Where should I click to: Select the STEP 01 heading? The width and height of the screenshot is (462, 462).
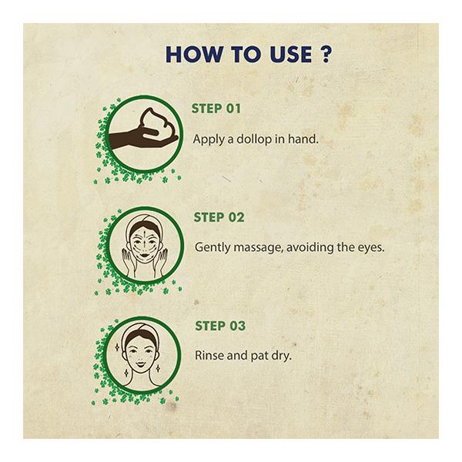[x=216, y=109]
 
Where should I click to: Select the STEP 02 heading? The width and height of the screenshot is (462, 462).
[x=219, y=217]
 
